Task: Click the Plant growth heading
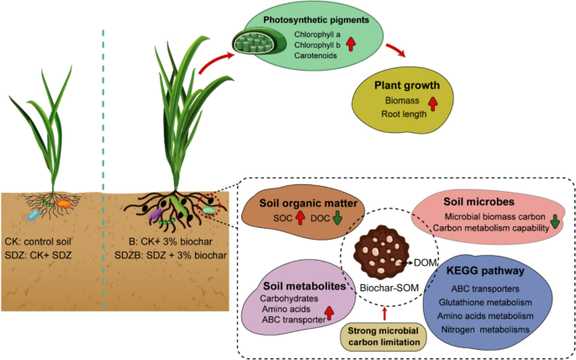[x=406, y=86]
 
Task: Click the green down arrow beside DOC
[x=336, y=220]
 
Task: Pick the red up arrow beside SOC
[x=299, y=220]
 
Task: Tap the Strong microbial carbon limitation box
[x=384, y=336]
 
